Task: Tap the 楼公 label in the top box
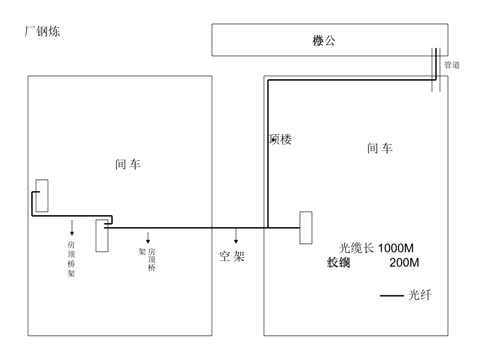click(324, 41)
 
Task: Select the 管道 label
click(452, 65)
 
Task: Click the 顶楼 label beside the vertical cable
click(280, 140)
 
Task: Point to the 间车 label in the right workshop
click(380, 148)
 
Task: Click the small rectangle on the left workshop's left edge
click(42, 196)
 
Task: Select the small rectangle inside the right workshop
click(306, 228)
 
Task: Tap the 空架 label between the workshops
click(232, 256)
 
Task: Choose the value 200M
click(404, 263)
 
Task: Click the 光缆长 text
click(357, 248)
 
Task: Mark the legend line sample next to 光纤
click(392, 296)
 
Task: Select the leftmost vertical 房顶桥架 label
click(71, 259)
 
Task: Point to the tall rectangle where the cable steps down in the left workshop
click(102, 236)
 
